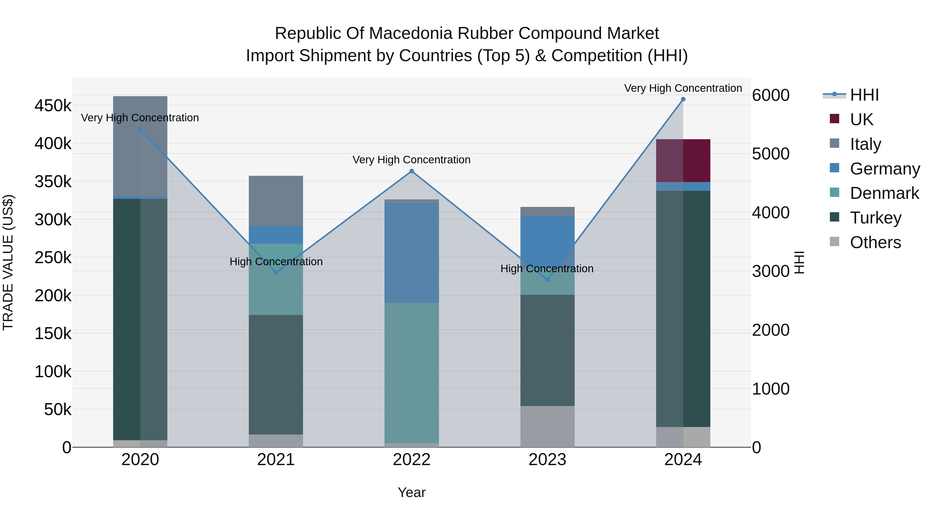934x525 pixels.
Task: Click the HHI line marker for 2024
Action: (683, 99)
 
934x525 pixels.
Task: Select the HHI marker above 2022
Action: (411, 171)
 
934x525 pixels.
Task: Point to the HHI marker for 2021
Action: (276, 272)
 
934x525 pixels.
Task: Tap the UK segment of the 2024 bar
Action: (683, 160)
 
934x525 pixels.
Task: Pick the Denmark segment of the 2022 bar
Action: (411, 373)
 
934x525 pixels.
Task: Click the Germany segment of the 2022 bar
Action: (411, 252)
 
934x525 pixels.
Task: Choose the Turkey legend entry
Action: (875, 218)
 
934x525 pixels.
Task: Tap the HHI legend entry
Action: (864, 95)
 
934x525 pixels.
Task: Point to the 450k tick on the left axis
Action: (53, 106)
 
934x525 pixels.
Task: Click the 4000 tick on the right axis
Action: (771, 212)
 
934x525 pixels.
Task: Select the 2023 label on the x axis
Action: (547, 460)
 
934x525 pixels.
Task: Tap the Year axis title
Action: (411, 492)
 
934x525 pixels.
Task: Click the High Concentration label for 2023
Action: (547, 269)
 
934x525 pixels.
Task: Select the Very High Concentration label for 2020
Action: (140, 118)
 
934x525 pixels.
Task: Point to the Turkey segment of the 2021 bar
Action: (276, 374)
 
